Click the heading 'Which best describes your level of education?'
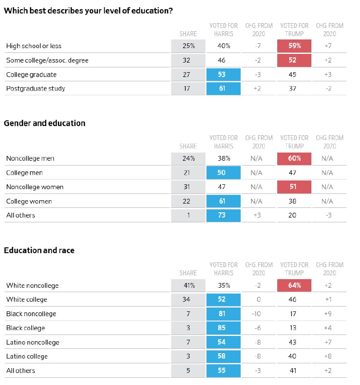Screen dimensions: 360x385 [89, 11]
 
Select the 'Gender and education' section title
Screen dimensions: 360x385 [45, 123]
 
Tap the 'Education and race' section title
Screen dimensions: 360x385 [39, 250]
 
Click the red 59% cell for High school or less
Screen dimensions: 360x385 [294, 46]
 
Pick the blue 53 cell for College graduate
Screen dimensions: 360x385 [223, 75]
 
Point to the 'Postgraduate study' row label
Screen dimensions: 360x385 [36, 89]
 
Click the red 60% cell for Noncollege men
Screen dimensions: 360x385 [294, 159]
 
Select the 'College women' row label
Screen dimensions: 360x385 [29, 201]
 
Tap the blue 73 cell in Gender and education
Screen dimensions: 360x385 [223, 215]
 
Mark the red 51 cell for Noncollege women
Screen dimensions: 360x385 [294, 187]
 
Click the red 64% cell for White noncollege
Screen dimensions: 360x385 [294, 285]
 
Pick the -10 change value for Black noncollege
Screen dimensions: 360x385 [257, 314]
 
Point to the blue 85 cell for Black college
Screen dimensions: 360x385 [223, 328]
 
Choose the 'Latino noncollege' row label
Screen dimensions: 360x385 [33, 342]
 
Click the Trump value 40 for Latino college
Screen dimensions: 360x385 [292, 356]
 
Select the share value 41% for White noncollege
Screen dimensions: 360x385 [189, 285]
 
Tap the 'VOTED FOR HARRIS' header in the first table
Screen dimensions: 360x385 [223, 30]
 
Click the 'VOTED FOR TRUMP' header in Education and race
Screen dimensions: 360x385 [294, 269]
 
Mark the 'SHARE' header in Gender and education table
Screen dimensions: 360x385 [188, 146]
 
